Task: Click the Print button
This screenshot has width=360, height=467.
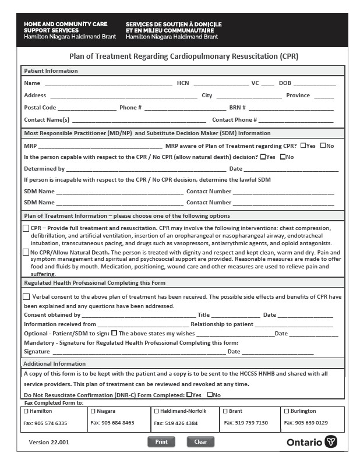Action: [161, 441]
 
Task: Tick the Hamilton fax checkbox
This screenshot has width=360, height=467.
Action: [26, 411]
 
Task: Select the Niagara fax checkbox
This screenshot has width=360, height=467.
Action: [93, 411]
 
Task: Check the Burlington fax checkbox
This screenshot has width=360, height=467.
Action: [286, 411]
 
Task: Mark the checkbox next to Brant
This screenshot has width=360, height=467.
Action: [224, 411]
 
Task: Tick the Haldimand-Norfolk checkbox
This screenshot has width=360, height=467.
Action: [156, 411]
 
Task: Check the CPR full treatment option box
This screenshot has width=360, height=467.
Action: [26, 228]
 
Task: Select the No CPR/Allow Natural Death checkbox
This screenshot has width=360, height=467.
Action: [26, 252]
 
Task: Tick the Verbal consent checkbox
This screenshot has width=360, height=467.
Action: [26, 296]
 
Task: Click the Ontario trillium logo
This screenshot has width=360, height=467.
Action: [330, 442]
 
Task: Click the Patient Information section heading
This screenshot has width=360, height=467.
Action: [51, 71]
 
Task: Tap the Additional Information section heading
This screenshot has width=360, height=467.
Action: [55, 363]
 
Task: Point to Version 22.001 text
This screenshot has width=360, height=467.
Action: [49, 443]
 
